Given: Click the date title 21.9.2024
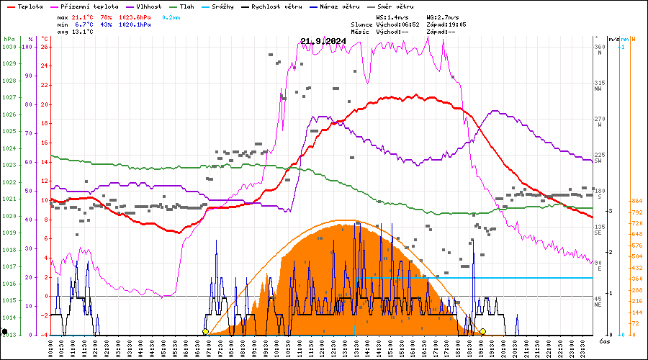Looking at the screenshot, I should click(323, 41).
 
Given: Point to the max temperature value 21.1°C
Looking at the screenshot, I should click(83, 16).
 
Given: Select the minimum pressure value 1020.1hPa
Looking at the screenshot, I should click(135, 24).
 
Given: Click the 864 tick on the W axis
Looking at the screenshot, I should click(636, 201).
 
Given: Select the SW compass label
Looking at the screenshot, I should click(598, 161).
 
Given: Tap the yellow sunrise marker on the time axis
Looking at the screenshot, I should click(205, 332).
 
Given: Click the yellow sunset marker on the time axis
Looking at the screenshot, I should click(482, 332).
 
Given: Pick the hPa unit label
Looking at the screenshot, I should click(9, 39).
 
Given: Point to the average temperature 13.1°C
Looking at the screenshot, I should click(83, 32).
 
